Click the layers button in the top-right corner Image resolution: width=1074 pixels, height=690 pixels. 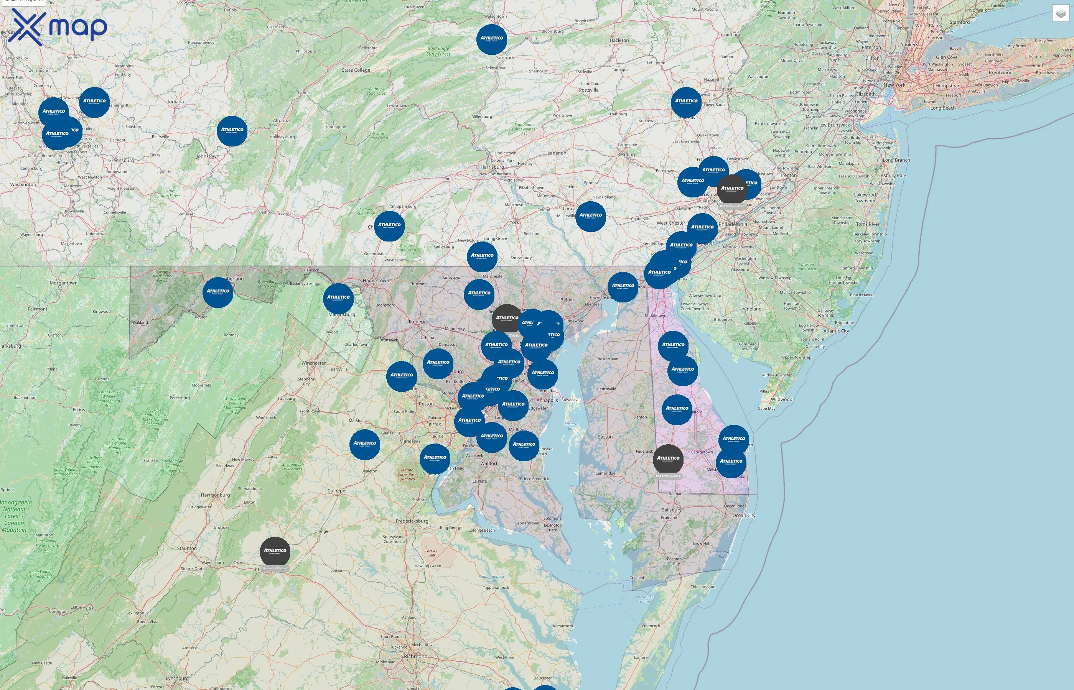point(1060,14)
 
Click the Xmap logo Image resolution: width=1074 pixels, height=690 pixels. point(58,27)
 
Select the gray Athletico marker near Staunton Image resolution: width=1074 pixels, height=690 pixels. point(275,552)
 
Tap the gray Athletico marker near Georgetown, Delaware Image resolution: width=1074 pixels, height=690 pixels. point(668,459)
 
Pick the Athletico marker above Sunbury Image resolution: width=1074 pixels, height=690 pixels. point(491,39)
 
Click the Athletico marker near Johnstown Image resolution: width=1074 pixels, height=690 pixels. point(232,131)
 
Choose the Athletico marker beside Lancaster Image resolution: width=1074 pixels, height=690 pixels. point(590,216)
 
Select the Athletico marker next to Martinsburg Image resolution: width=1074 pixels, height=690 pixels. point(338,298)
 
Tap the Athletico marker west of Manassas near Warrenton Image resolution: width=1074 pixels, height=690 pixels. point(364,444)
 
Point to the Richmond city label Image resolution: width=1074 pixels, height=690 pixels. point(415,656)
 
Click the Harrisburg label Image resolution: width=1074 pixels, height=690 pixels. point(492,167)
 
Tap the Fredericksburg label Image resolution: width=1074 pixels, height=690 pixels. point(412,521)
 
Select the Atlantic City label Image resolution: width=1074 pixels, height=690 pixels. point(836,331)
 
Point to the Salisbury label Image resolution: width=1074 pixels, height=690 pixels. point(672,510)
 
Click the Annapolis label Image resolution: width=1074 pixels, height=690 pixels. point(547,401)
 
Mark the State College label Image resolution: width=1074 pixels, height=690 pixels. point(356,70)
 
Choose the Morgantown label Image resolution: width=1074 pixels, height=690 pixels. point(63,283)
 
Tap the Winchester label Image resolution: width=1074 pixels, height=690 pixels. point(313,363)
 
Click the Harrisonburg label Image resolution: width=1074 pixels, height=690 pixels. point(215,495)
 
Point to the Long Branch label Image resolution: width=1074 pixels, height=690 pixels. point(896,160)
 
